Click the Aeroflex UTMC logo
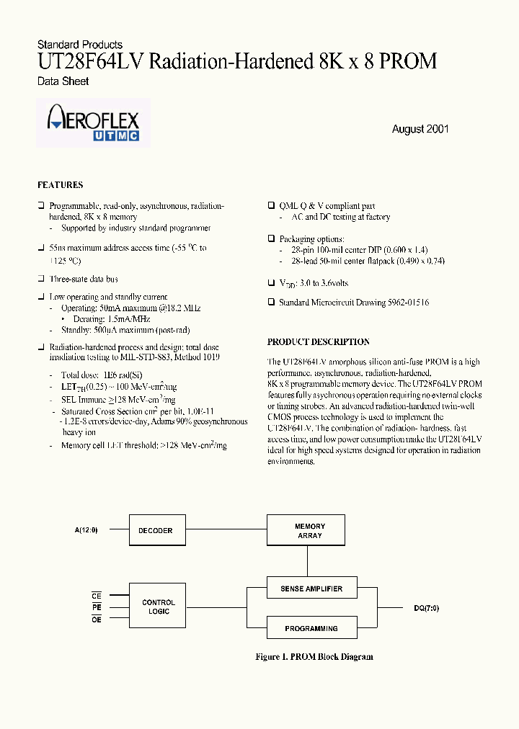(x=93, y=124)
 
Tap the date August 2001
(x=420, y=129)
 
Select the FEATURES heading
(x=60, y=185)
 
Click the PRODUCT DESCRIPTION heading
(x=318, y=342)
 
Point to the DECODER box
(x=155, y=531)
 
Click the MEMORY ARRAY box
(x=309, y=531)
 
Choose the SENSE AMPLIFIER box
(x=311, y=589)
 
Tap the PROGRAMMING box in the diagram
(x=311, y=629)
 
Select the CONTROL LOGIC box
(x=159, y=607)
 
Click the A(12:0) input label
(x=85, y=530)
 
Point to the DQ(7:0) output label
(x=426, y=609)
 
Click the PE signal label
(x=97, y=607)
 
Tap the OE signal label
(x=97, y=620)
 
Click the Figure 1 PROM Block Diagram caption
(x=314, y=657)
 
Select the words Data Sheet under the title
(x=63, y=81)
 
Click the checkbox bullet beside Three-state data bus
(x=41, y=279)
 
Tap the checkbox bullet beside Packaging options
(x=271, y=238)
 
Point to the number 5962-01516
(x=406, y=303)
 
